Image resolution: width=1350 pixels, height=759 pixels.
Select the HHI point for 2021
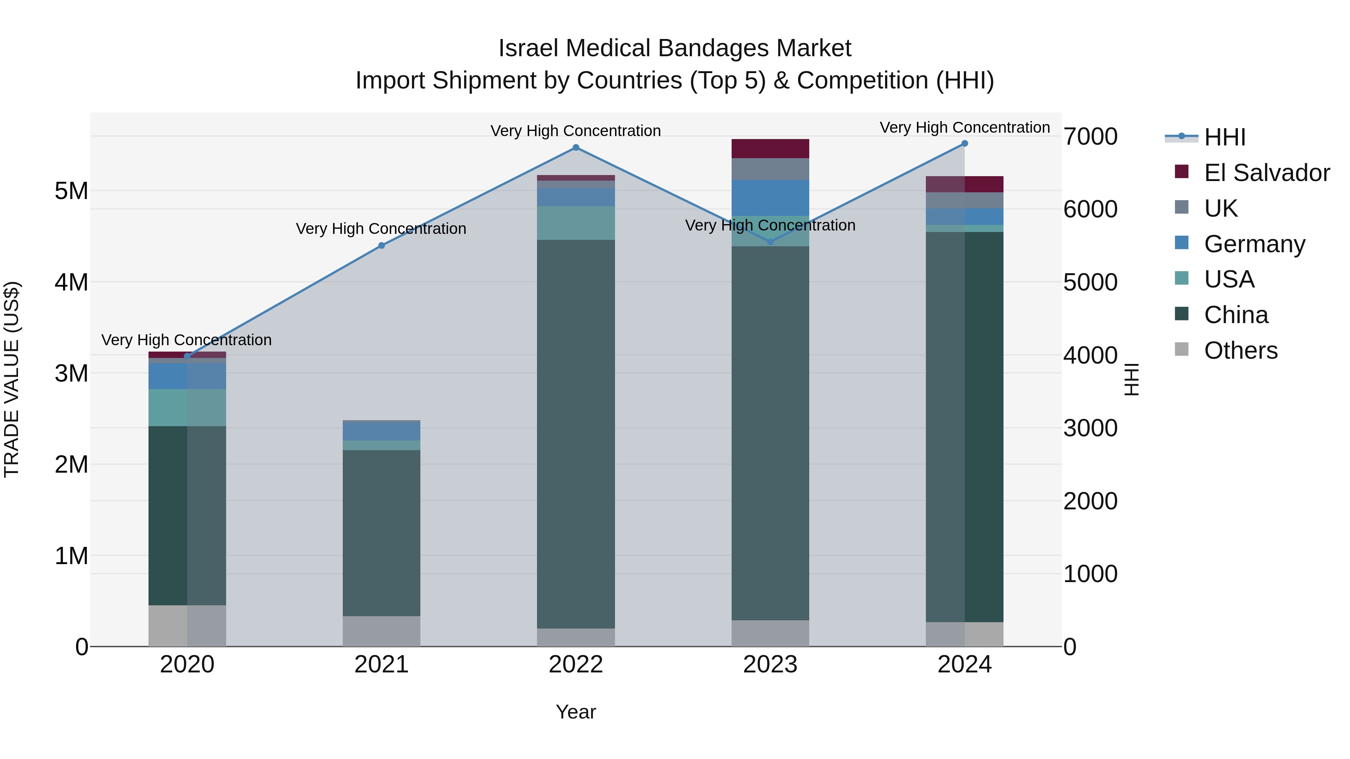coord(381,246)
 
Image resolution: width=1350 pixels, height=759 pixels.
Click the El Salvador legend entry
coord(1266,173)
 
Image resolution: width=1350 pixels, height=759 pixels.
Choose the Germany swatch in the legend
coord(1182,243)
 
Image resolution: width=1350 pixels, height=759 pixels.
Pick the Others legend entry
coord(1240,350)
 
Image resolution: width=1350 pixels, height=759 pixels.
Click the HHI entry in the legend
coord(1224,137)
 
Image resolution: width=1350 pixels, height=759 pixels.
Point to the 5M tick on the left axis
coord(71,191)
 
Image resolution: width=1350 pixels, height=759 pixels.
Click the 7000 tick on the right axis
coord(1090,137)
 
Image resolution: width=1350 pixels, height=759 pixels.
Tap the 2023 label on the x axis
coord(770,665)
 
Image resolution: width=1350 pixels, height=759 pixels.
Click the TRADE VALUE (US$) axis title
coord(12,379)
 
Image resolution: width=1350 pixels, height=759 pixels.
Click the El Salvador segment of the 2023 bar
coord(770,149)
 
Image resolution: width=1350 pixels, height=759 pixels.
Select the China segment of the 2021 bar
coord(381,533)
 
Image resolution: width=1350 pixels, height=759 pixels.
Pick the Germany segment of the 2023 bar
coord(770,198)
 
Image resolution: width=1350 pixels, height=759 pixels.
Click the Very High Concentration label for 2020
coord(187,340)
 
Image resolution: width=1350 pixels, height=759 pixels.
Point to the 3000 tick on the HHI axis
coord(1090,428)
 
